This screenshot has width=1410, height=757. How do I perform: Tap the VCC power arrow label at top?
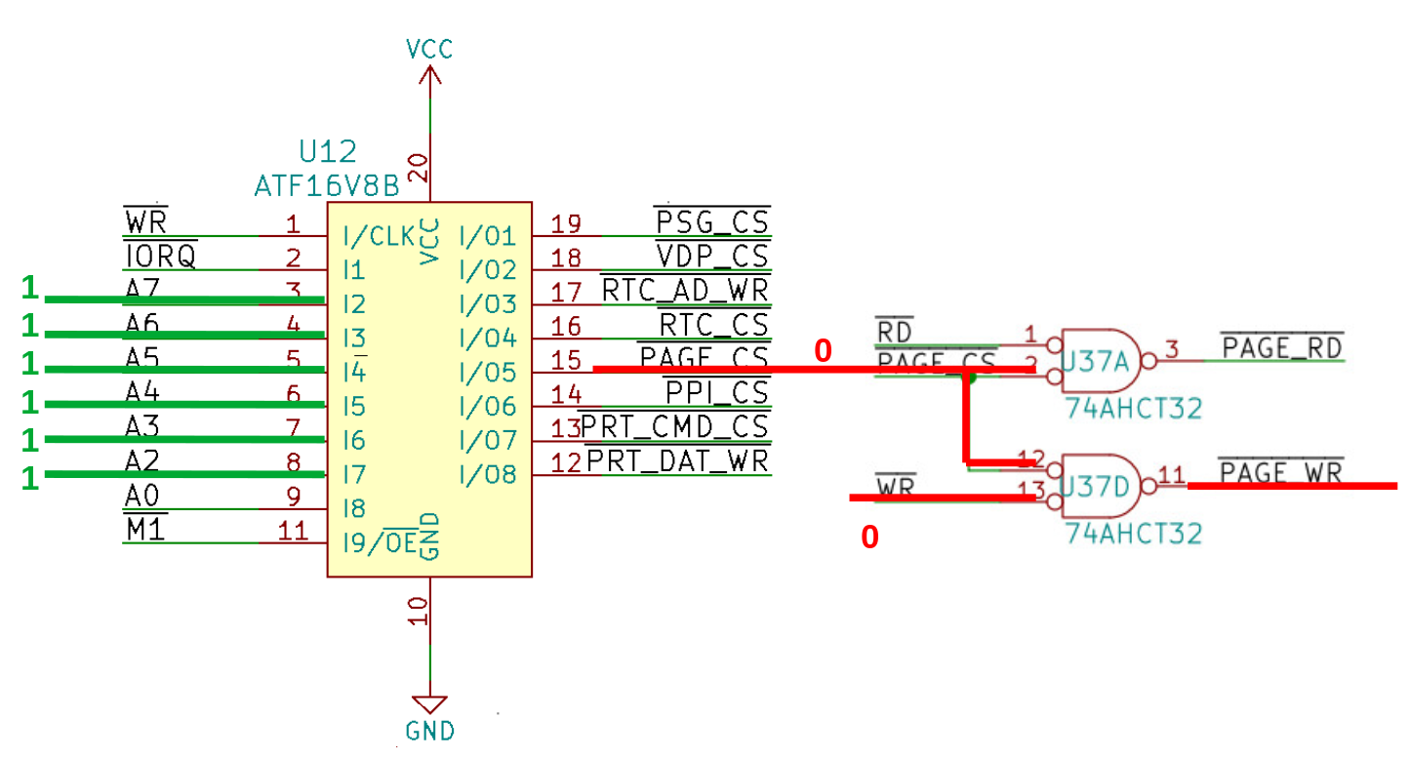pos(430,49)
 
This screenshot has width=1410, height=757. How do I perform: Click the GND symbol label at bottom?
pos(429,731)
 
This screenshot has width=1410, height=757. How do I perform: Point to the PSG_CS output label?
pos(712,221)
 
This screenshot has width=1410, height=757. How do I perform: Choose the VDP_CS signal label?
pos(712,257)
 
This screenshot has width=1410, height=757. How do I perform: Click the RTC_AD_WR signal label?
pos(685,291)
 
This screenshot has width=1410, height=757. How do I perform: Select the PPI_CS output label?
pos(717,393)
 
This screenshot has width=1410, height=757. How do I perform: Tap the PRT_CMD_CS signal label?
pos(675,427)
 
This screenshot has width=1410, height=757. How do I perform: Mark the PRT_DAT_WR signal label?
pos(678,460)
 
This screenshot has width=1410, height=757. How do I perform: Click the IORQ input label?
pos(161,257)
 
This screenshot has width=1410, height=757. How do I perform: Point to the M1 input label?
pos(145,530)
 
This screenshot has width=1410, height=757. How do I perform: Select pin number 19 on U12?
pos(566,223)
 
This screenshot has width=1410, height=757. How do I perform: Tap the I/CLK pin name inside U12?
pos(380,235)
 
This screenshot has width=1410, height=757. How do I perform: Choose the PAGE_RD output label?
pos(1281,346)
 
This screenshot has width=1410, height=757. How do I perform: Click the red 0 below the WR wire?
pos(869,537)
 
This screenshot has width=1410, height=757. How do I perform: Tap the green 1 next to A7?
pos(30,288)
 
